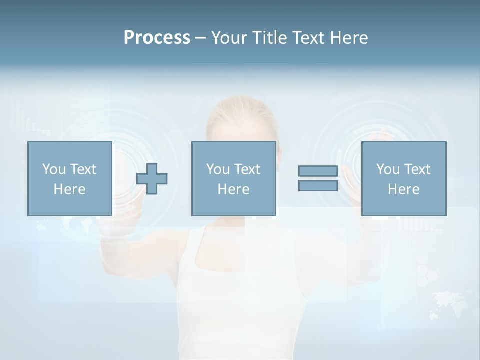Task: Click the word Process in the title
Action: pos(157,37)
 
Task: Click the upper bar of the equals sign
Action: pos(318,171)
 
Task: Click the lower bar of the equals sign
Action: pos(318,185)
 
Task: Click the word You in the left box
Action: pos(54,169)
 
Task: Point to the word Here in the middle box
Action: pos(233,189)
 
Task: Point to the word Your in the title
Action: pos(230,37)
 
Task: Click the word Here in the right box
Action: pos(403,189)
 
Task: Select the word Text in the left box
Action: pos(83,169)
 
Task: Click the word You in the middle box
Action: pos(218,169)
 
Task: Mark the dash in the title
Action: pos(201,38)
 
